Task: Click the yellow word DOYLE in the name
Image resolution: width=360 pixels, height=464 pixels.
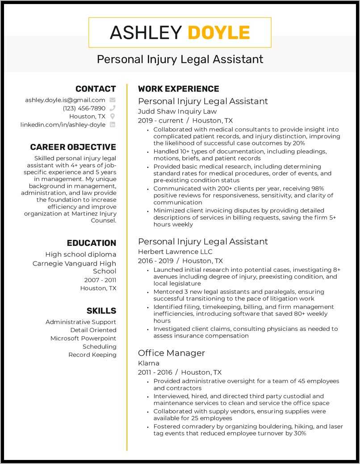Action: (x=218, y=33)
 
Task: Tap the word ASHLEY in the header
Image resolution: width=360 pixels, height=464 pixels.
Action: (x=146, y=33)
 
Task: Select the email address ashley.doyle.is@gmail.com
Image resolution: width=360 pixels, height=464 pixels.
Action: (x=65, y=100)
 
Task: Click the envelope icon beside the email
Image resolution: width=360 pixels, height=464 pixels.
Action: (x=113, y=100)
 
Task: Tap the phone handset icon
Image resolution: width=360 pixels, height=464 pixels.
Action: (x=113, y=108)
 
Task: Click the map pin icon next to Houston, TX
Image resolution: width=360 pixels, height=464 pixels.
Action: (x=113, y=116)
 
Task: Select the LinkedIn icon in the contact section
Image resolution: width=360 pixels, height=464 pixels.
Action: (x=113, y=125)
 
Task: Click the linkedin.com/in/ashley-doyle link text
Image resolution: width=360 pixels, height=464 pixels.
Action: (x=63, y=125)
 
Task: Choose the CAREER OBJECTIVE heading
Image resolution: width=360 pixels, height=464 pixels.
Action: (x=73, y=147)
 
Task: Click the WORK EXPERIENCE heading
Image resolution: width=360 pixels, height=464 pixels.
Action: (x=178, y=89)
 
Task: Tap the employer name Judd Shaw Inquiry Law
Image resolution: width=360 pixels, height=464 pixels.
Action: (x=177, y=111)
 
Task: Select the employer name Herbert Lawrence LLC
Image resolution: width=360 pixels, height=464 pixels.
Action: (x=175, y=252)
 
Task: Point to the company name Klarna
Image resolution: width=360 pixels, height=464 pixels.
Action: (x=149, y=363)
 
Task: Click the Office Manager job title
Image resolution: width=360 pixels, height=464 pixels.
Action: (x=172, y=353)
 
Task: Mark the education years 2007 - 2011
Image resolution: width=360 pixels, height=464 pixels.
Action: (x=100, y=280)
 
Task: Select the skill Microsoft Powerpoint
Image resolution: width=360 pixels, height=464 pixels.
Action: (x=83, y=338)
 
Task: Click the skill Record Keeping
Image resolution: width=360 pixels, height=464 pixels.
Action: (x=92, y=354)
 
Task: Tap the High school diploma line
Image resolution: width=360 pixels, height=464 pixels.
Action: (x=80, y=254)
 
